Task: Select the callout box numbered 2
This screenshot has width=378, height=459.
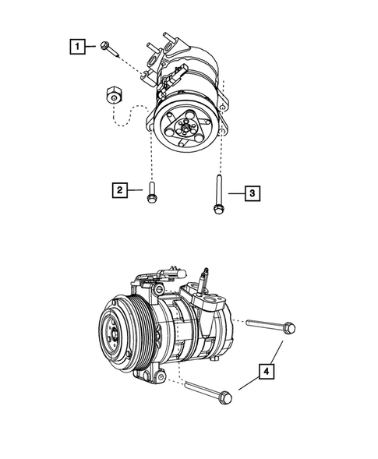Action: click(x=119, y=189)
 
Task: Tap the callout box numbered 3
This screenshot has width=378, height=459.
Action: click(x=252, y=192)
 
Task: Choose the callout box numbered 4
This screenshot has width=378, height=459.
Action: click(x=267, y=373)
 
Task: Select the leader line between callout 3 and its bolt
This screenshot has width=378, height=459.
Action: click(x=235, y=192)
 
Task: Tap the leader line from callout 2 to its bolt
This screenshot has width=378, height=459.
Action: click(x=136, y=189)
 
